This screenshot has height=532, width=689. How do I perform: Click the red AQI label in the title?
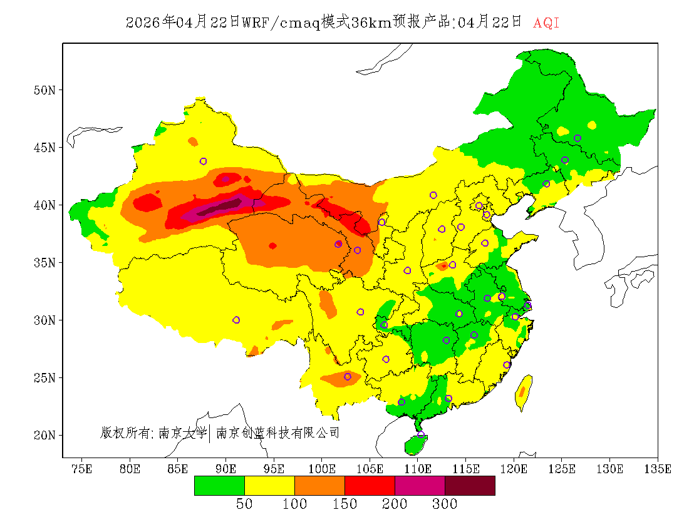coord(546,23)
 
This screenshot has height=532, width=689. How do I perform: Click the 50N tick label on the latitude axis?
coord(44,90)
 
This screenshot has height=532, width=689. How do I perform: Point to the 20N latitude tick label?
coord(44,435)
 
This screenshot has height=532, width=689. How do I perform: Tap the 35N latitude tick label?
coord(44,263)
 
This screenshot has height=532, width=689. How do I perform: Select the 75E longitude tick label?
coord(82,469)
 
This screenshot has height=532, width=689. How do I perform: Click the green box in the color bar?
coord(219,485)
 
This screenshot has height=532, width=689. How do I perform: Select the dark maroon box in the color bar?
coord(470,485)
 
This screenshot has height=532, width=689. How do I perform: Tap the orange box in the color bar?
coord(319,485)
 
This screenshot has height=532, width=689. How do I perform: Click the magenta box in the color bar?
coord(420,485)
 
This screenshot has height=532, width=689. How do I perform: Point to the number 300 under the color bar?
coord(445,504)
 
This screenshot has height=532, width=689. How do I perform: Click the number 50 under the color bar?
coord(244,504)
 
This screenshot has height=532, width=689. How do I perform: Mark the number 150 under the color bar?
coord(344,504)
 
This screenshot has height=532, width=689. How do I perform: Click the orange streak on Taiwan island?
coord(522,392)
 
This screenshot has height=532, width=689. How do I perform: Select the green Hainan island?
coord(415,445)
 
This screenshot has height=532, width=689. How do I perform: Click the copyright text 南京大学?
coord(182,432)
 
